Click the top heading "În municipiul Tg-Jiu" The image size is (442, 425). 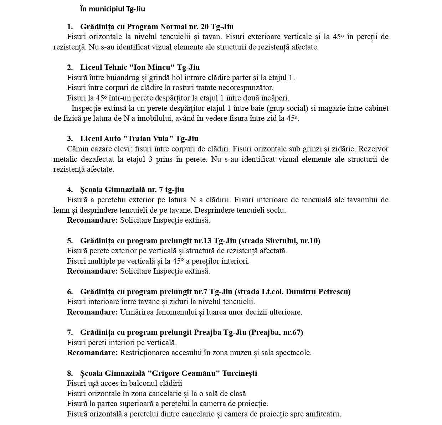[113, 9]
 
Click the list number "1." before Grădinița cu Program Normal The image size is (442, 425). [70, 27]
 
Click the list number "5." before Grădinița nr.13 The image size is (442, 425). [70, 241]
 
